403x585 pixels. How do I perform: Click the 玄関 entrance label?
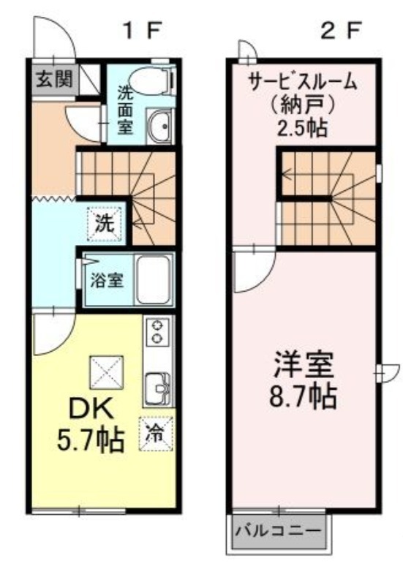54,80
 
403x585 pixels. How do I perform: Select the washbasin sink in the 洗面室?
160,125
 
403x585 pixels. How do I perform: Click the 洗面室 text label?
125,110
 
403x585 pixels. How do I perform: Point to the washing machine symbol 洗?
105,224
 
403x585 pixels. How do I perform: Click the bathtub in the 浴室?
154,279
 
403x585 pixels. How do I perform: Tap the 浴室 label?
107,280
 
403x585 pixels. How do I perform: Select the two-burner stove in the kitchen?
158,331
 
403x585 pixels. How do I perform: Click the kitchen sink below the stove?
159,388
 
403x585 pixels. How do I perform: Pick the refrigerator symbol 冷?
156,434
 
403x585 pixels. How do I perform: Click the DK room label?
91,410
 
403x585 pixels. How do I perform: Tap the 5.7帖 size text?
90,440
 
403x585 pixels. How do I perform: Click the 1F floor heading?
143,31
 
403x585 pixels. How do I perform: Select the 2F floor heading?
342,31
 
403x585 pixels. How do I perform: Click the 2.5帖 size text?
302,128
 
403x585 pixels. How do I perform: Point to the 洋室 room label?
304,365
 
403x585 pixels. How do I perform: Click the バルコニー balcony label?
278,531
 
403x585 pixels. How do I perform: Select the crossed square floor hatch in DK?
106,373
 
